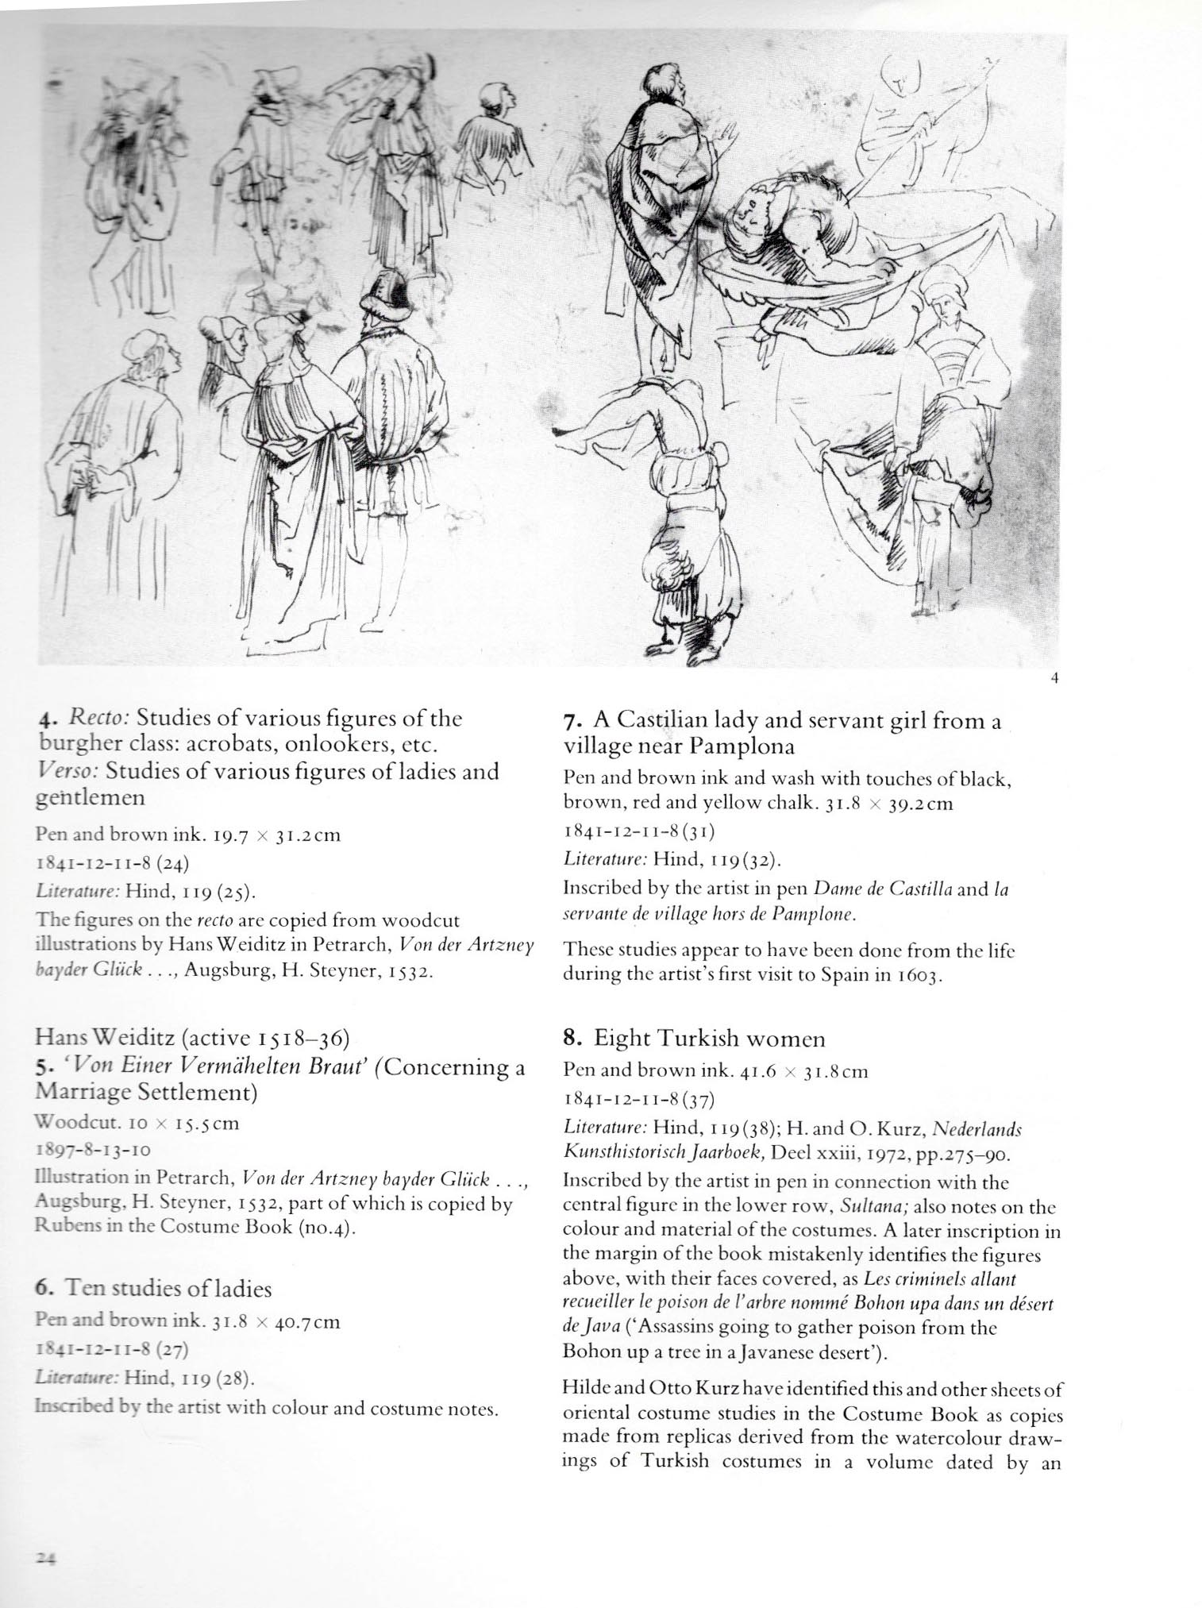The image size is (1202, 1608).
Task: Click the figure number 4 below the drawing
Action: [x=1054, y=677]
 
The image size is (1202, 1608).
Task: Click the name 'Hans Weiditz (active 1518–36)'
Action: [x=192, y=1038]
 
